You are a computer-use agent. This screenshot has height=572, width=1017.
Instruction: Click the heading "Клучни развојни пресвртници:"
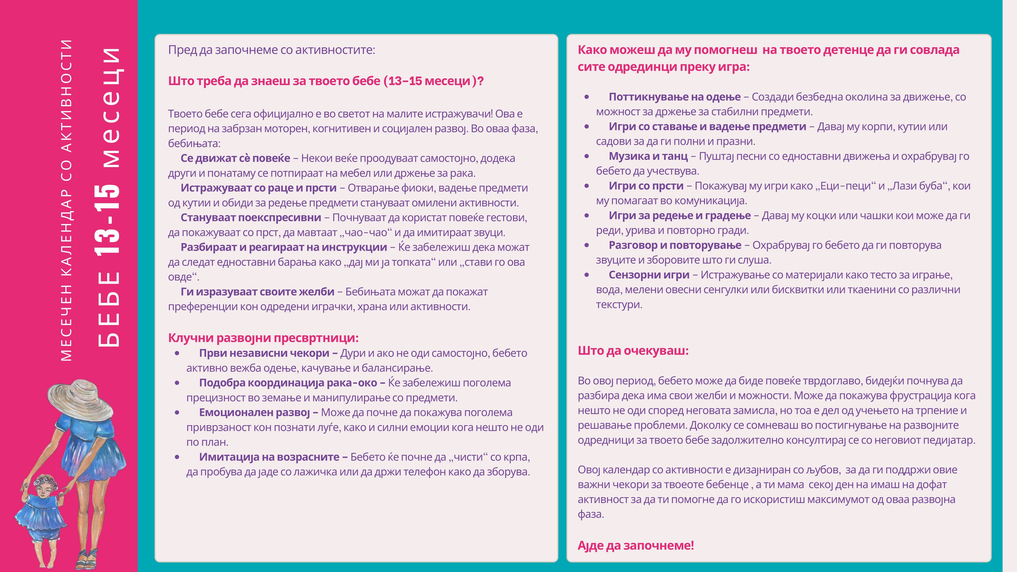(x=263, y=338)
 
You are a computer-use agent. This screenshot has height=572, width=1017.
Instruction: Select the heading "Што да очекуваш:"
(x=633, y=351)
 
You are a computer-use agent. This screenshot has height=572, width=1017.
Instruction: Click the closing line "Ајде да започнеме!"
(x=636, y=545)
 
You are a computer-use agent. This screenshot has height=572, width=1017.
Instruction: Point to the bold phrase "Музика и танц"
(x=648, y=156)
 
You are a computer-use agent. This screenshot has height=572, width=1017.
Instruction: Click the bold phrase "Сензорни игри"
(x=649, y=275)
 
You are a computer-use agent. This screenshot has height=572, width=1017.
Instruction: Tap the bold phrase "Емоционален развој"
(x=254, y=413)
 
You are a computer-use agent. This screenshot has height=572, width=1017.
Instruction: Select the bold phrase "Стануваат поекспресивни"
(x=251, y=217)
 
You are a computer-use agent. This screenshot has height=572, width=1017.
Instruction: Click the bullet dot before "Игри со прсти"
(x=587, y=186)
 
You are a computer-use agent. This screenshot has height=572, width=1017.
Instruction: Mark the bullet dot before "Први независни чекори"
(x=177, y=353)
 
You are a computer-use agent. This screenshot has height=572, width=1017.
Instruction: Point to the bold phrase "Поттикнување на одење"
(x=674, y=97)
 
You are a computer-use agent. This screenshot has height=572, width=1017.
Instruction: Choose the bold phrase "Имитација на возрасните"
(x=269, y=457)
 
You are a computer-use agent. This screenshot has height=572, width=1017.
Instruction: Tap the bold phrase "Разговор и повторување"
(x=675, y=245)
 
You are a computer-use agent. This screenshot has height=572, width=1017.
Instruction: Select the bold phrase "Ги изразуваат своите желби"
(x=257, y=292)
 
